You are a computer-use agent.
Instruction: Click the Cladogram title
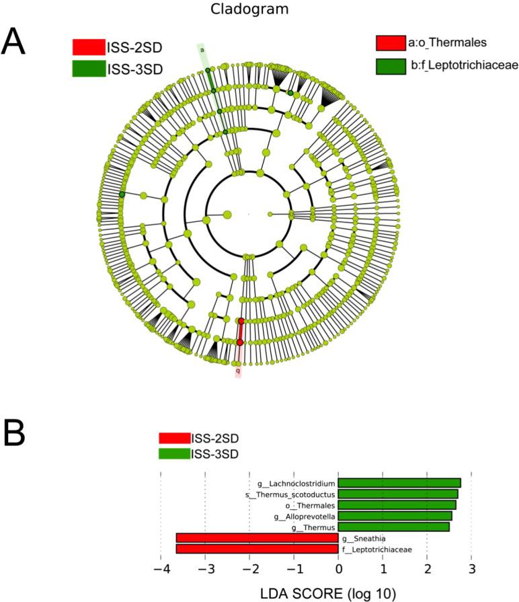point(259,9)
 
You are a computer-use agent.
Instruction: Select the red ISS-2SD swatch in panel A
point(89,47)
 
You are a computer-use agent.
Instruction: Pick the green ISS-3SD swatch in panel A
point(89,69)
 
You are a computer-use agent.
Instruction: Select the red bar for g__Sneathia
point(257,538)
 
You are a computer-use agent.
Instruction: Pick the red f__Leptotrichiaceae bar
point(257,549)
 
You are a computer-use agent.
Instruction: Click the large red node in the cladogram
point(240,342)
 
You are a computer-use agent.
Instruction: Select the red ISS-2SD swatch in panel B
point(174,438)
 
